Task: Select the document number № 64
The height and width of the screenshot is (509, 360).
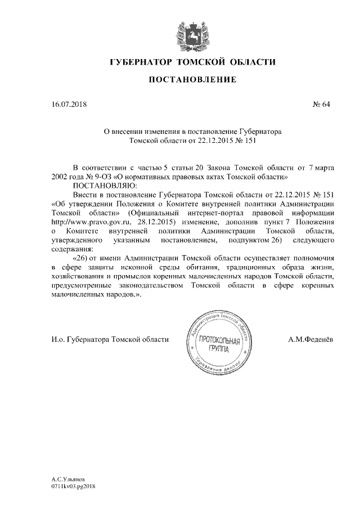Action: [x=321, y=104]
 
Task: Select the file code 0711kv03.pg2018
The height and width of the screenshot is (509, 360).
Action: [x=74, y=487]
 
